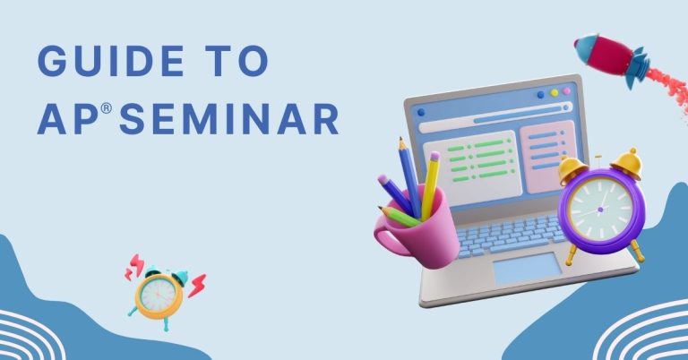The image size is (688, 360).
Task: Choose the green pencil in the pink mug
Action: [x=400, y=216]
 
